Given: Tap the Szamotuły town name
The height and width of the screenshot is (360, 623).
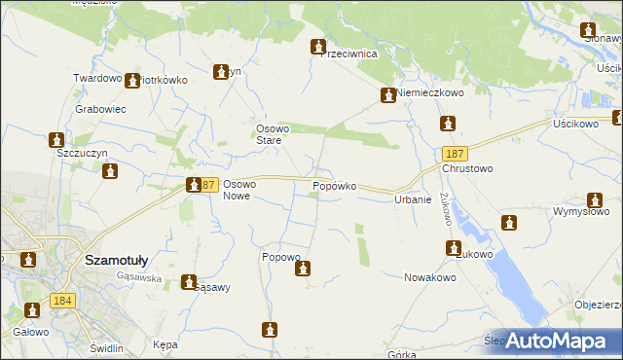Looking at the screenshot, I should (x=116, y=260).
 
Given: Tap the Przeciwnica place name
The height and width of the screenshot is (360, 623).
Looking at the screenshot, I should (x=356, y=54).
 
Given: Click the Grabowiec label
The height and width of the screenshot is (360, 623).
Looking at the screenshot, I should (x=101, y=109).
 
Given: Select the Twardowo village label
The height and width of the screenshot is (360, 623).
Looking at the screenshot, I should (x=97, y=78).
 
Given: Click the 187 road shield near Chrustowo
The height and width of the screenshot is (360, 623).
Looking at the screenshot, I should (x=453, y=155).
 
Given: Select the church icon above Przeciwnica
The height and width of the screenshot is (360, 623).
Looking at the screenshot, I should (x=317, y=47).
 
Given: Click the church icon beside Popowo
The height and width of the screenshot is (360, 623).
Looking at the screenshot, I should (x=303, y=268).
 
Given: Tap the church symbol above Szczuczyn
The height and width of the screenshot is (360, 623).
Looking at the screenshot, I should (x=56, y=140).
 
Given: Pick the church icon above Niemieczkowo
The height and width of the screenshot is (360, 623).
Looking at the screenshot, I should (x=387, y=95).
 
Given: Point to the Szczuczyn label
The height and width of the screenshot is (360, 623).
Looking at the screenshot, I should (x=81, y=154).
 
